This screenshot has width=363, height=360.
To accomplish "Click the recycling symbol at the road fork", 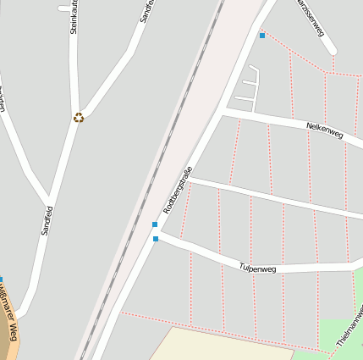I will click(79, 118).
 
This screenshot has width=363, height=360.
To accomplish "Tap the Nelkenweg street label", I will click(324, 130).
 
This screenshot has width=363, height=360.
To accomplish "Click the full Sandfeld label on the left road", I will click(47, 219).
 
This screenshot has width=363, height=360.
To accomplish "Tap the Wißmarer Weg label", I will click(9, 318).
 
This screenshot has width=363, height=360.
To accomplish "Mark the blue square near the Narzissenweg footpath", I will click(262, 36).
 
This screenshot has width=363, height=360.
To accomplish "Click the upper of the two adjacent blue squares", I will click(155, 224).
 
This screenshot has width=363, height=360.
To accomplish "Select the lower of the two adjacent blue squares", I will click(156, 239).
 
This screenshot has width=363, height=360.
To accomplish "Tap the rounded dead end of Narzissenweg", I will click(331, 50).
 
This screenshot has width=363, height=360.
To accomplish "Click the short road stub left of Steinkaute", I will click(64, 8).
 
